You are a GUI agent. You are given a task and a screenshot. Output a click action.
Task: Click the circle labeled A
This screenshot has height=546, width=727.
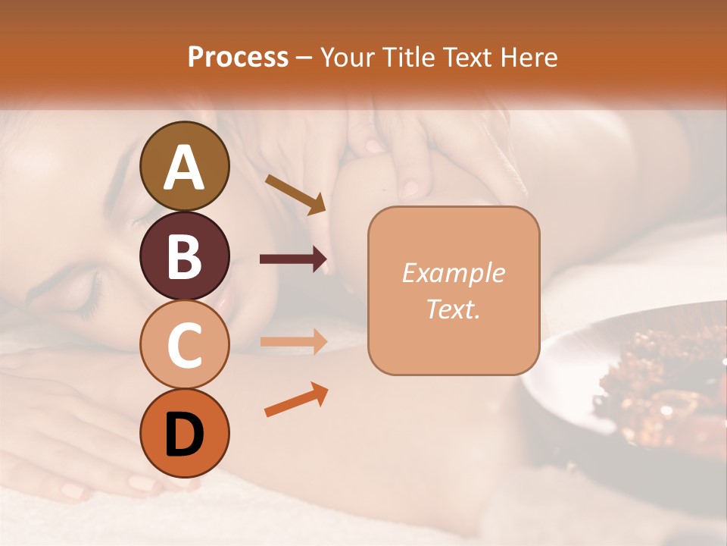coord(185,167)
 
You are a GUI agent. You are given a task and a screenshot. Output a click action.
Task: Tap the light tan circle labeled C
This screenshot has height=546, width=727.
coord(185,344)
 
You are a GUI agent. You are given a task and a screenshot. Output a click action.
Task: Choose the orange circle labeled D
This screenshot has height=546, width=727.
coord(185,433)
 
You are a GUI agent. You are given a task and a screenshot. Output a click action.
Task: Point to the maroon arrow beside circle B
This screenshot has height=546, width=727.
coord(293,259)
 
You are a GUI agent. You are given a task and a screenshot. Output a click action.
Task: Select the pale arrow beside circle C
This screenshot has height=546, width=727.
coord(293,341)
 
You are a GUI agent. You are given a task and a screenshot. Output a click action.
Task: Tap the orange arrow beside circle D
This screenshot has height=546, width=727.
coord(296,400)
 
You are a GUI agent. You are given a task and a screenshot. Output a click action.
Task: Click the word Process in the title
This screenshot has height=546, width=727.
coord(238,58)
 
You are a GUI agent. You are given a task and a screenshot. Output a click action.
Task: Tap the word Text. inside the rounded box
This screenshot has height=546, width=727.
coord(453,309)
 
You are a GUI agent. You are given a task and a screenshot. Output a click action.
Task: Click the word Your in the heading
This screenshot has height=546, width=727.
coord(347,58)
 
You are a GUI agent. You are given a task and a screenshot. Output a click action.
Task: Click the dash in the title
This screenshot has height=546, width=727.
coord(304,58)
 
